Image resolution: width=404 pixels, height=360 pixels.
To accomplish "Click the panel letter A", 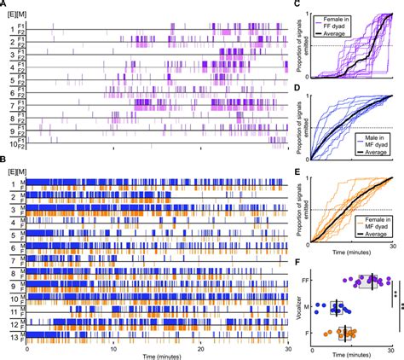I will pos(4,4).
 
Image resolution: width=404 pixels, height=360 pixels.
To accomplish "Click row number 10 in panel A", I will pos(11,146).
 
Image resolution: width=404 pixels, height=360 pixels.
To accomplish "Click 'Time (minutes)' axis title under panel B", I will pos(156,355).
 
